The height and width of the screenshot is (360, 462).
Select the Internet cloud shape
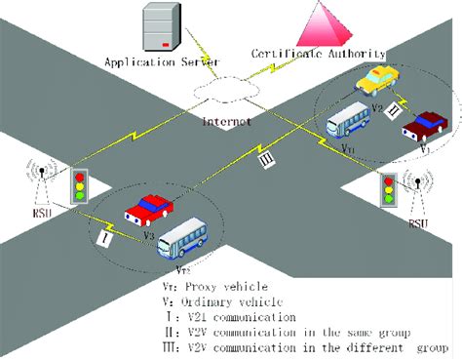228,91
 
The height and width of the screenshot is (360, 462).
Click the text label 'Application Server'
153,61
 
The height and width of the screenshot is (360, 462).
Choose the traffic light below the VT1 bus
388,189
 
